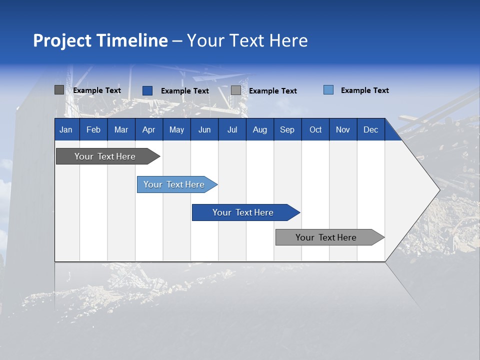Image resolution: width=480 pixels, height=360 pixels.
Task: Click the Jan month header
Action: coord(66,129)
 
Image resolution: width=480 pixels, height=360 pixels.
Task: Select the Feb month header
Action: coord(93,129)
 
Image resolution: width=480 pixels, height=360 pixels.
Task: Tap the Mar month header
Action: coord(121,129)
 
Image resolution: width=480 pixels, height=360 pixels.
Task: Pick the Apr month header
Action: coord(149,129)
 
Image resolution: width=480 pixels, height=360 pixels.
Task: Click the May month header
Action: coord(176,129)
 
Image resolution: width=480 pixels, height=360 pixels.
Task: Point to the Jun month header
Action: coord(204,129)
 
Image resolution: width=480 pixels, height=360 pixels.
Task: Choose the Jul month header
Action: coord(232,129)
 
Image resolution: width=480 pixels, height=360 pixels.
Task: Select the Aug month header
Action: coord(260,129)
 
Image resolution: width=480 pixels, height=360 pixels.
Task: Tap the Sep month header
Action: coord(287,129)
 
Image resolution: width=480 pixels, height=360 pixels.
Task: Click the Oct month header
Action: coord(315,129)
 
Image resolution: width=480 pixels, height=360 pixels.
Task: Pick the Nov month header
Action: coord(343,129)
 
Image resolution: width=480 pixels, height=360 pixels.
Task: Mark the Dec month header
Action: coord(371,129)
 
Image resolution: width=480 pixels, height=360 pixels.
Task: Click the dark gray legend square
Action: coord(59,90)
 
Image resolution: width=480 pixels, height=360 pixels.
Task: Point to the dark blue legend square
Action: coord(147,90)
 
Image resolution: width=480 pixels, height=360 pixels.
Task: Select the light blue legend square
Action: coord(328,90)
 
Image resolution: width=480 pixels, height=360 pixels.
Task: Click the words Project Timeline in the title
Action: coord(100,40)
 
